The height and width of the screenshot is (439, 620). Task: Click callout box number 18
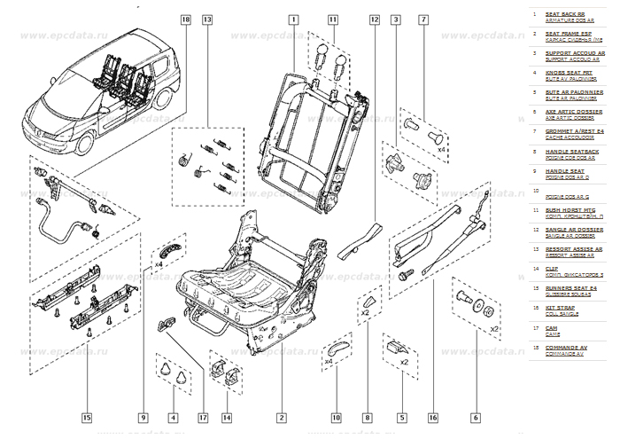(x=185, y=19)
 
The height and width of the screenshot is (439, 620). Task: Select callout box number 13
(x=206, y=19)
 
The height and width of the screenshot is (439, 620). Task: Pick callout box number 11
(x=332, y=19)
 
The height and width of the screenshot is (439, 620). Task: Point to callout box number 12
(x=375, y=19)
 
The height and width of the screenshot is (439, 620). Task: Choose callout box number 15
(x=87, y=417)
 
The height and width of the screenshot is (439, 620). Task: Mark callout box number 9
(x=142, y=417)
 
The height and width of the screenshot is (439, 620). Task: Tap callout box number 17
(x=203, y=417)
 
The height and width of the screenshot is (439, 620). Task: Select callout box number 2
(x=281, y=417)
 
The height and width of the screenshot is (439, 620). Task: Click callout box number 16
(x=433, y=417)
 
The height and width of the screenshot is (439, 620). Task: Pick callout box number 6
(x=476, y=417)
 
